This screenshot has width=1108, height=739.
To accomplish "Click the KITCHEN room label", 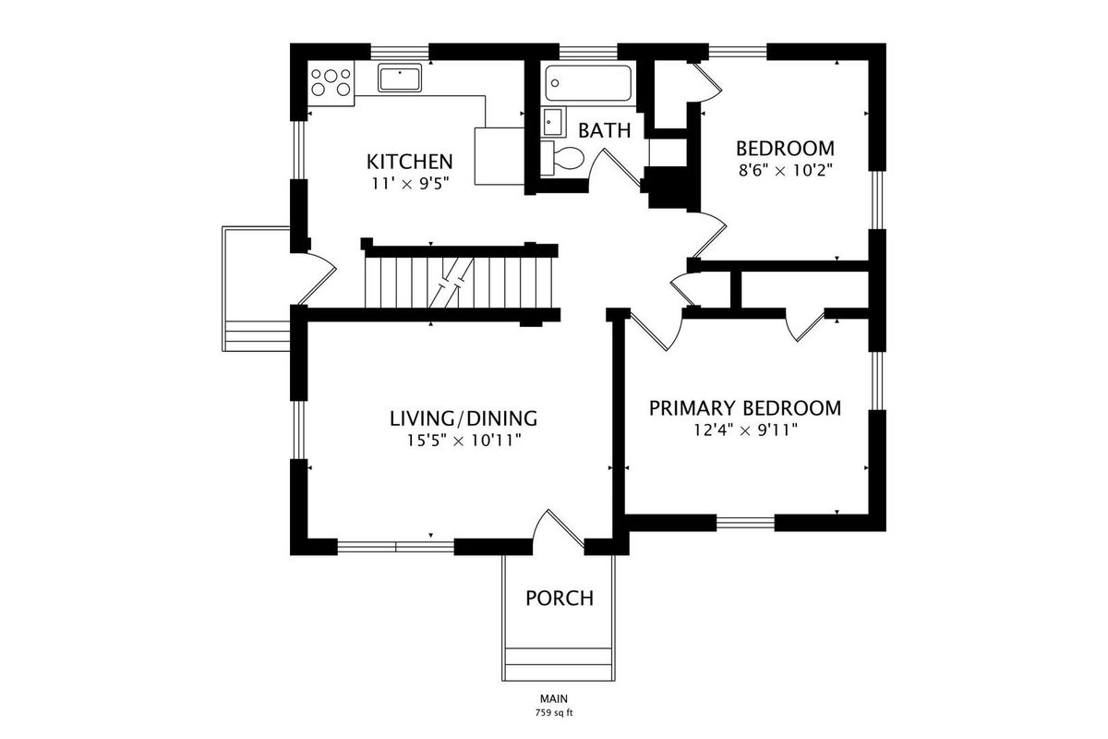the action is [410, 162].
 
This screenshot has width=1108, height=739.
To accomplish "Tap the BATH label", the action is [605, 130].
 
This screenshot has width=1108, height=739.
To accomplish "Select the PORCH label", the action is [560, 599].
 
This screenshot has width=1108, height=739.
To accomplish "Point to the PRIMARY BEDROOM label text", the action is [745, 408].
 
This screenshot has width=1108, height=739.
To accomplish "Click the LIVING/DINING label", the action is [464, 418].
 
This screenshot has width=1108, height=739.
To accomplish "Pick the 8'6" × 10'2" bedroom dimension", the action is [786, 171].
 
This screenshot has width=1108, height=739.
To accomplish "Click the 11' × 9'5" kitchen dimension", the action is [410, 184].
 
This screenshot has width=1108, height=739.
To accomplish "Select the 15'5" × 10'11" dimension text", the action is [464, 440].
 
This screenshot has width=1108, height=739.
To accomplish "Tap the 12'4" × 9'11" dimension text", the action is [745, 430].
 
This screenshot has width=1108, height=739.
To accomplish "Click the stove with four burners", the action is [331, 82].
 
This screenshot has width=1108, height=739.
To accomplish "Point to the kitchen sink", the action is [400, 78].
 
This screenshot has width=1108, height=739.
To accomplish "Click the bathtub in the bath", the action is [588, 83].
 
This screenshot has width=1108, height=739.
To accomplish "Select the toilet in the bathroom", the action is [562, 158].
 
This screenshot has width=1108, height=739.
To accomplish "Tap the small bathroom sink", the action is [553, 122].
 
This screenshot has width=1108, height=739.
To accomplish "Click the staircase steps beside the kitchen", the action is [459, 283].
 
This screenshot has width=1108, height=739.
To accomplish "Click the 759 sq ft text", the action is [554, 713].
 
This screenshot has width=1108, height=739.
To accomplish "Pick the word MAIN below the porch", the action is [554, 698].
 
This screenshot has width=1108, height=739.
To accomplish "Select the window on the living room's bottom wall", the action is [396, 547].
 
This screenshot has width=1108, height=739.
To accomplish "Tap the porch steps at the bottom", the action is [559, 664].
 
